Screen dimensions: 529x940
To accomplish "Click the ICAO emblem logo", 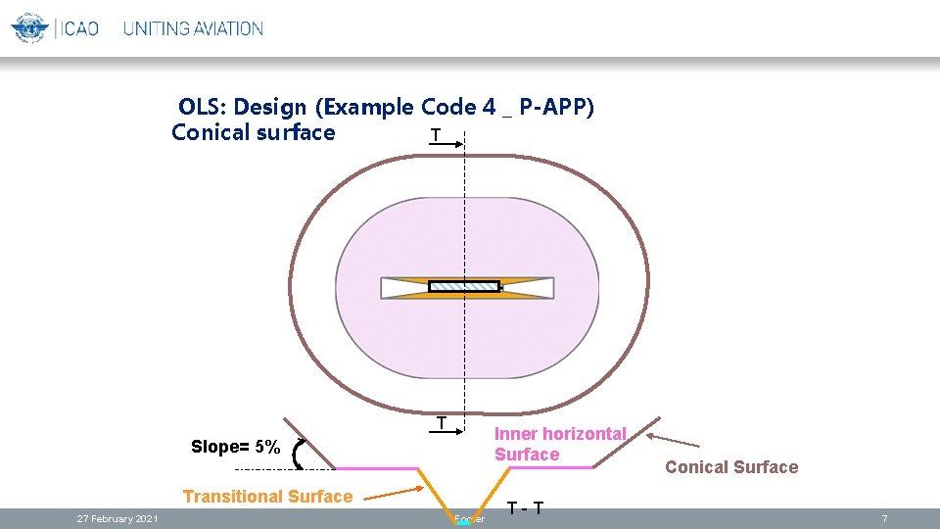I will click(x=29, y=27).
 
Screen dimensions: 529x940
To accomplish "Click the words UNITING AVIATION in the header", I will click(x=193, y=28).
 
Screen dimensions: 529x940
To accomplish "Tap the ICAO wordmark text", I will click(x=77, y=28).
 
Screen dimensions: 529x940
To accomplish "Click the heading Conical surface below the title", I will click(x=253, y=132).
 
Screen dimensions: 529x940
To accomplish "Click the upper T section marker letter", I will click(x=435, y=134).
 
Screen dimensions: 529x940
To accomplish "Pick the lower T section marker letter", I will click(x=442, y=423).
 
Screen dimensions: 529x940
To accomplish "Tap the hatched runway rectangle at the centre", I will click(x=464, y=286).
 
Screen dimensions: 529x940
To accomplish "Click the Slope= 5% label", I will click(x=236, y=447).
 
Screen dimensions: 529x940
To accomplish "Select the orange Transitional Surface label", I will click(x=267, y=496).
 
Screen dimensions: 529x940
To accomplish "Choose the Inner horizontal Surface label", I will click(x=559, y=444).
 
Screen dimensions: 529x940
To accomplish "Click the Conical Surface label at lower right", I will click(x=731, y=467).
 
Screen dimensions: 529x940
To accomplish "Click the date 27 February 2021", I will click(x=117, y=518).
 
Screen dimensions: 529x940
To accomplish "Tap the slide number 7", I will click(x=884, y=518).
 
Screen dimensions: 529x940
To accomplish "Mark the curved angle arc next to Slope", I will click(x=298, y=454).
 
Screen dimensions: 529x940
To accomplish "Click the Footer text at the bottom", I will click(x=470, y=519).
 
